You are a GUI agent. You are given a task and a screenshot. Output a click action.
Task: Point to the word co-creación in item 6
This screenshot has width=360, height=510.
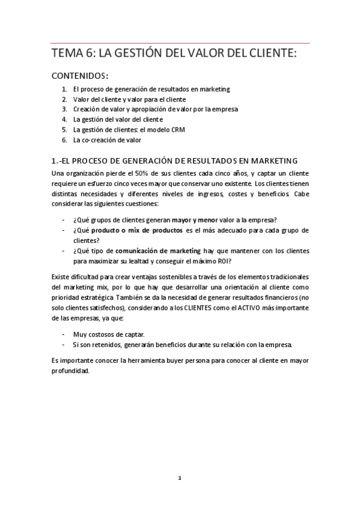pos(100,140)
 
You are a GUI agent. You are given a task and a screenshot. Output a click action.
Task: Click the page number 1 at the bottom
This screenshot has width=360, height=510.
pos(180,478)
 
